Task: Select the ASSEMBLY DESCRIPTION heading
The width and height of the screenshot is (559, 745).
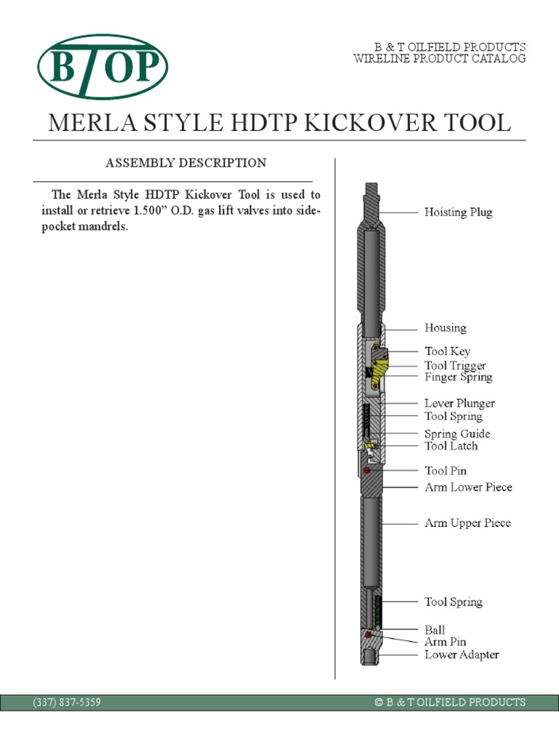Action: coord(186,163)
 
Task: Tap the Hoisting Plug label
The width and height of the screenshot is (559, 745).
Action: coord(458,212)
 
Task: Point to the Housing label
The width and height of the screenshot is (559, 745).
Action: coord(445,328)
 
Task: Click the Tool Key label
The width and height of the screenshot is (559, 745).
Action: coord(448,351)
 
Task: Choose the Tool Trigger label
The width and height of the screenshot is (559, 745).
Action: coord(455,366)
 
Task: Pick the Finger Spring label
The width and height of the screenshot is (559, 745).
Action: coord(458,377)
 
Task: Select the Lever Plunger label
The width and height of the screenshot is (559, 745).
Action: coord(459,403)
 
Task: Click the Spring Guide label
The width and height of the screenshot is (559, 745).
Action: coord(457,434)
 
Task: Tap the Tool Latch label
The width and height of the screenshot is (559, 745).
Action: coord(451,446)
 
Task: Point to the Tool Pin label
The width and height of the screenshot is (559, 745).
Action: coord(445,471)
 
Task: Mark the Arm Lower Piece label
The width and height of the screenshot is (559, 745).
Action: coord(468,487)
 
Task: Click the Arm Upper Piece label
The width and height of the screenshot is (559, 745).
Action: coord(467,523)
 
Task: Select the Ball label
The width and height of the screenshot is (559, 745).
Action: coord(435,630)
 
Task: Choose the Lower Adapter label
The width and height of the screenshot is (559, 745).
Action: coord(461,655)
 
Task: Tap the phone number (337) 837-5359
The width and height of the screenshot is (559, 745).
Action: coord(67,702)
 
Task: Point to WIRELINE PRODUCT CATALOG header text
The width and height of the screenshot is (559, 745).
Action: coord(439,59)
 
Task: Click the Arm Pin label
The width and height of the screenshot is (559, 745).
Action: coord(445,642)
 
